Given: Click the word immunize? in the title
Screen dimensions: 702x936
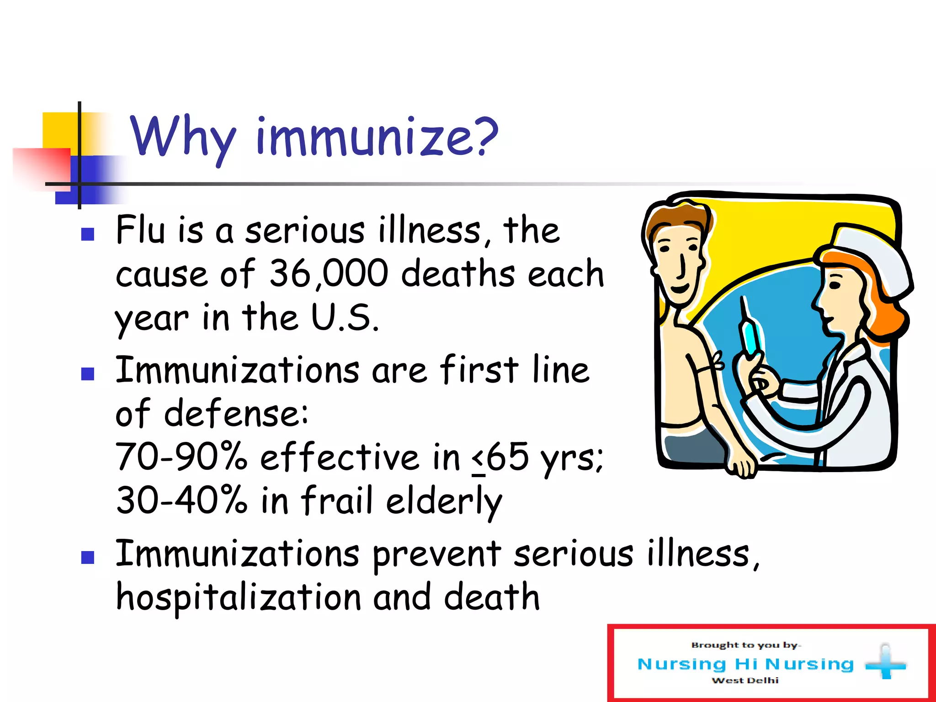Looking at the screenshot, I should coord(377,137).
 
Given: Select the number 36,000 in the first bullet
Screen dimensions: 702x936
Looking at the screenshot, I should coord(329,274).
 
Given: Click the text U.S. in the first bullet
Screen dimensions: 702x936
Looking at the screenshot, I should coord(345,318).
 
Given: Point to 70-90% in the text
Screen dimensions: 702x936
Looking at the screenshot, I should coord(181,457).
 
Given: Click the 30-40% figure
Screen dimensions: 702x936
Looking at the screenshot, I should coord(181,500).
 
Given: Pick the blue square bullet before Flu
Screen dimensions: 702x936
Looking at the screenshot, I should coord(87,234).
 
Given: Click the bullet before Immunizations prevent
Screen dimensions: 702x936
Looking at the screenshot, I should coord(87,557).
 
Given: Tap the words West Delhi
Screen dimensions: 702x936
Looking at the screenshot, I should coord(745,681).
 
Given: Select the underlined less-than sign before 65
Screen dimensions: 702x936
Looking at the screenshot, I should coord(478,459).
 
